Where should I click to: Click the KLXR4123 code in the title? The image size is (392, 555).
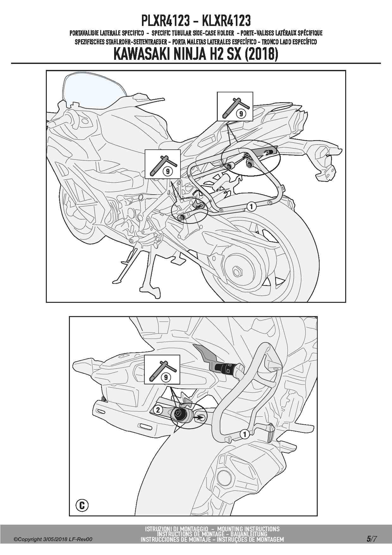(226, 21)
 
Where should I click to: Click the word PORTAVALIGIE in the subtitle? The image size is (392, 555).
(90, 33)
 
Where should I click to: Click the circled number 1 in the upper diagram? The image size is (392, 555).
(251, 207)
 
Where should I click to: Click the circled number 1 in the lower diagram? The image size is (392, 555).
(244, 434)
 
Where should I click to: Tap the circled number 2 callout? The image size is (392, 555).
(158, 410)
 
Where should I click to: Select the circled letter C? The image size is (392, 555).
(82, 505)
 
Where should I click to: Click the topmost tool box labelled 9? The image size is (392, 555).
(235, 106)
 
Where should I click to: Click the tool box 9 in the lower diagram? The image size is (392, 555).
(162, 370)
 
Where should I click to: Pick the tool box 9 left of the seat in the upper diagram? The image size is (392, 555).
(162, 164)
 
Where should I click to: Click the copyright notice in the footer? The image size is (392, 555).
(53, 539)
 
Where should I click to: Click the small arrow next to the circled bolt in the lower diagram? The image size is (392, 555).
(199, 418)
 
